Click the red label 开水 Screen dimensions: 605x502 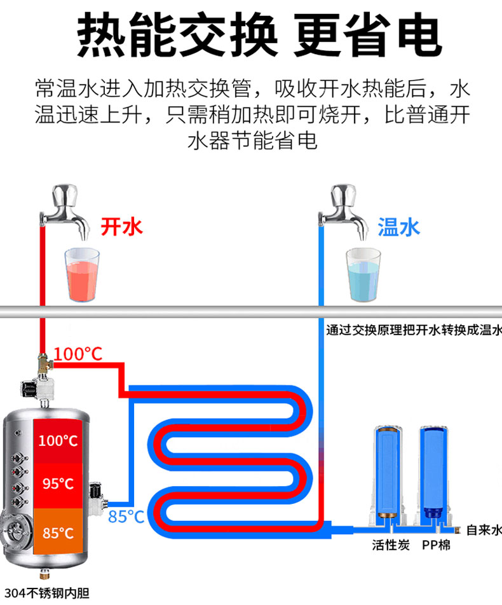click(x=122, y=226)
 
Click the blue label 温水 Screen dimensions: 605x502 click(x=399, y=226)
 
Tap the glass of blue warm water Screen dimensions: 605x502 click(x=363, y=275)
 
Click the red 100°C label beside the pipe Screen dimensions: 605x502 click(x=78, y=354)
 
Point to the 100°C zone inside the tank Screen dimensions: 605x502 click(x=58, y=440)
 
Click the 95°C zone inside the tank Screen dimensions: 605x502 click(x=58, y=484)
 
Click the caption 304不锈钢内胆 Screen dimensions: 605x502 click(x=46, y=593)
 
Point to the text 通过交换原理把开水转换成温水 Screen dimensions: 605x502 click(x=414, y=330)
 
